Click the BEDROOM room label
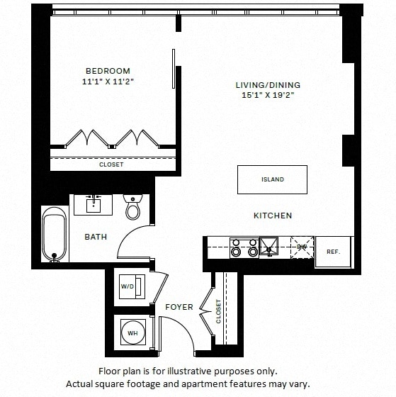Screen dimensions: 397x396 click(108, 71)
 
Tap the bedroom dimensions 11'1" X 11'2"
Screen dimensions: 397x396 click(108, 82)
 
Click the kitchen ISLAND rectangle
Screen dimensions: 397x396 click(272, 179)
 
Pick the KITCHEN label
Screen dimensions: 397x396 click(273, 216)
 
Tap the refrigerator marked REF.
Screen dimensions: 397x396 click(333, 252)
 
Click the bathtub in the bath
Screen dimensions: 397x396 click(52, 235)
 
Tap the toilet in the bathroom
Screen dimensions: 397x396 click(132, 208)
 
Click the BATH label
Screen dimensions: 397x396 click(96, 237)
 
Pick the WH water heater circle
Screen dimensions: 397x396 click(132, 332)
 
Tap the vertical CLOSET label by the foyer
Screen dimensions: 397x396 click(218, 311)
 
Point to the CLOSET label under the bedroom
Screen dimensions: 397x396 click(111, 164)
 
